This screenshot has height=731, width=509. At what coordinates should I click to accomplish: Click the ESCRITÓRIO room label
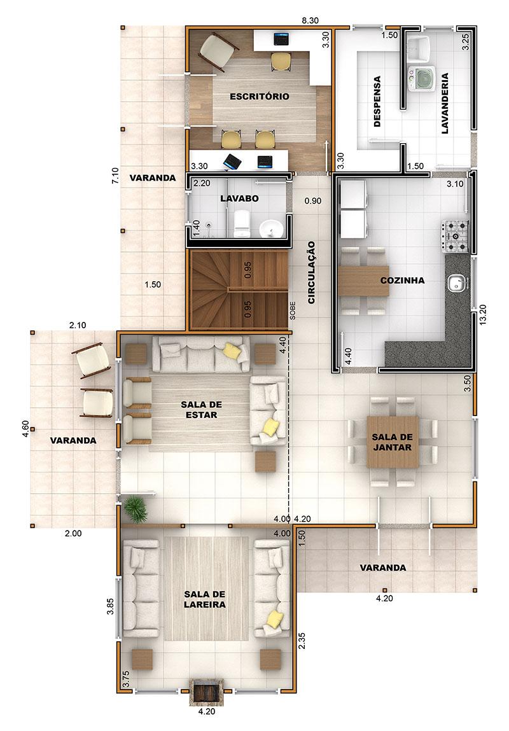coord(260,97)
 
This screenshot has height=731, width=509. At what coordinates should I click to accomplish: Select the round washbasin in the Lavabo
coord(270,229)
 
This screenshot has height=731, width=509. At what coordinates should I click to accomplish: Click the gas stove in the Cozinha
coord(454,237)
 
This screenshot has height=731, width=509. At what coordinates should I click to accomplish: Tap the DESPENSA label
coord(377,102)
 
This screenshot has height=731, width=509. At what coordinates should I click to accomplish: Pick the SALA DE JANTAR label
coord(392,442)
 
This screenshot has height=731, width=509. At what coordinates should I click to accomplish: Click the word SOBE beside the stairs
coord(293,310)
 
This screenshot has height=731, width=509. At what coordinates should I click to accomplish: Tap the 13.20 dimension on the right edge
coord(482,315)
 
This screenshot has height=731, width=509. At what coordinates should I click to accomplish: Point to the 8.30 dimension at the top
coord(310,20)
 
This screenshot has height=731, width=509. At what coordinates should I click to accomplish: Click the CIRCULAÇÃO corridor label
coord(311,273)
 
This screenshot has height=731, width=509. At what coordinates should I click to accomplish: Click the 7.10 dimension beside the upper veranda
coord(116,176)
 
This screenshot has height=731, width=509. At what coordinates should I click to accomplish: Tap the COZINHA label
coord(402,281)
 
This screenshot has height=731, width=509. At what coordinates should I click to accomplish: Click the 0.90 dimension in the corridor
coord(313,201)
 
